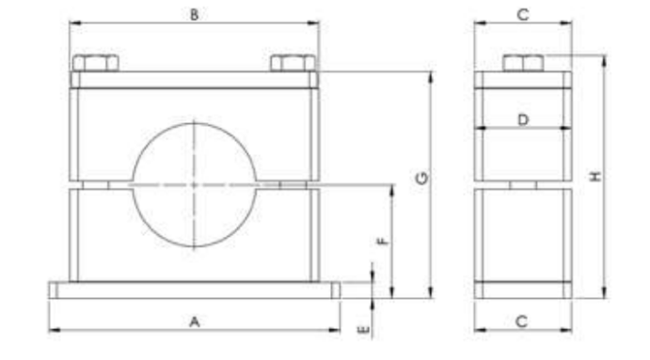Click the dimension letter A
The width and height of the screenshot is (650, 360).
(195, 321)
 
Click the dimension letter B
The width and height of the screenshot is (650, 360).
(194, 15)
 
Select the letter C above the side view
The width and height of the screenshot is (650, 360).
(523, 15)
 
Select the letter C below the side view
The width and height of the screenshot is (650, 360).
(522, 321)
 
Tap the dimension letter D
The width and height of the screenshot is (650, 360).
(523, 120)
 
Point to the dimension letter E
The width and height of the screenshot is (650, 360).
(363, 330)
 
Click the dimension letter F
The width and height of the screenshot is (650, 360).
(384, 242)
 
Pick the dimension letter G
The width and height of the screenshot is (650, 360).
(422, 179)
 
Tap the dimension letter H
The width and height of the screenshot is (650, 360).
(595, 177)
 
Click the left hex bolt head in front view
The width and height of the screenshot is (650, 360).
(96, 63)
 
